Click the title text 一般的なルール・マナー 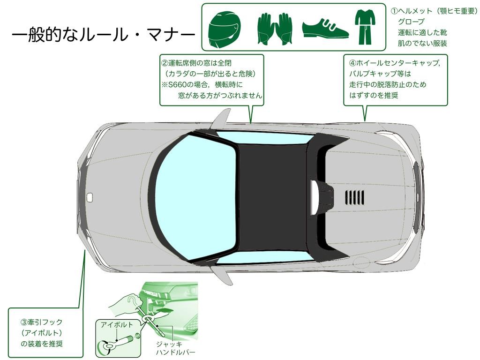tap(104, 36)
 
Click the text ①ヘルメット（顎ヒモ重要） tap(434, 11)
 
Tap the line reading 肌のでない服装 tap(422, 44)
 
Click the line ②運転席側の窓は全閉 tap(196, 63)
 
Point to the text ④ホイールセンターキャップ tap(394, 63)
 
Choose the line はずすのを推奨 tap(374, 95)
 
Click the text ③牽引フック tap(41, 322)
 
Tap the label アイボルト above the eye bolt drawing tap(117, 324)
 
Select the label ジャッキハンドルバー tap(175, 348)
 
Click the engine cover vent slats tap(355, 197)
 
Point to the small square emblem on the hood tap(90, 197)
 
